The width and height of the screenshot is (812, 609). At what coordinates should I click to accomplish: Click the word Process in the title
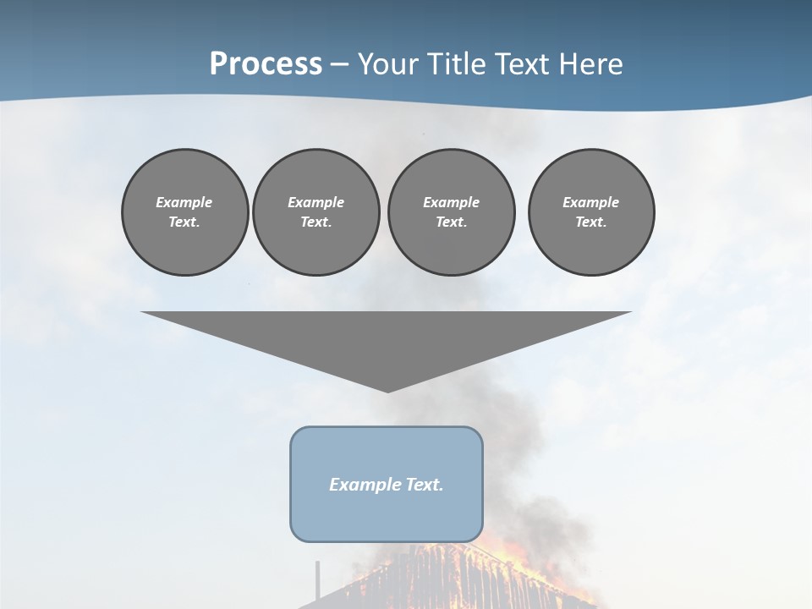click(266, 64)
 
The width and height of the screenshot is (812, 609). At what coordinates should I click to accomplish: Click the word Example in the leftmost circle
click(184, 202)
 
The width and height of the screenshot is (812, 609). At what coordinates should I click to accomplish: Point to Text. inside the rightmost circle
click(591, 222)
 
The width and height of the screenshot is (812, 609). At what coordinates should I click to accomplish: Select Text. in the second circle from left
click(315, 222)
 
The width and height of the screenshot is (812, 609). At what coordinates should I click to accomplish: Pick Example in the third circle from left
click(451, 202)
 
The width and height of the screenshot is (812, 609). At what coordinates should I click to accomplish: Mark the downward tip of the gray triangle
click(387, 390)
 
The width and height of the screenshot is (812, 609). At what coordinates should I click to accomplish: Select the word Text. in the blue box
click(425, 485)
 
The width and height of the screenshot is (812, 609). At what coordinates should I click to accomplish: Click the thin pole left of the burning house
click(318, 582)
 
